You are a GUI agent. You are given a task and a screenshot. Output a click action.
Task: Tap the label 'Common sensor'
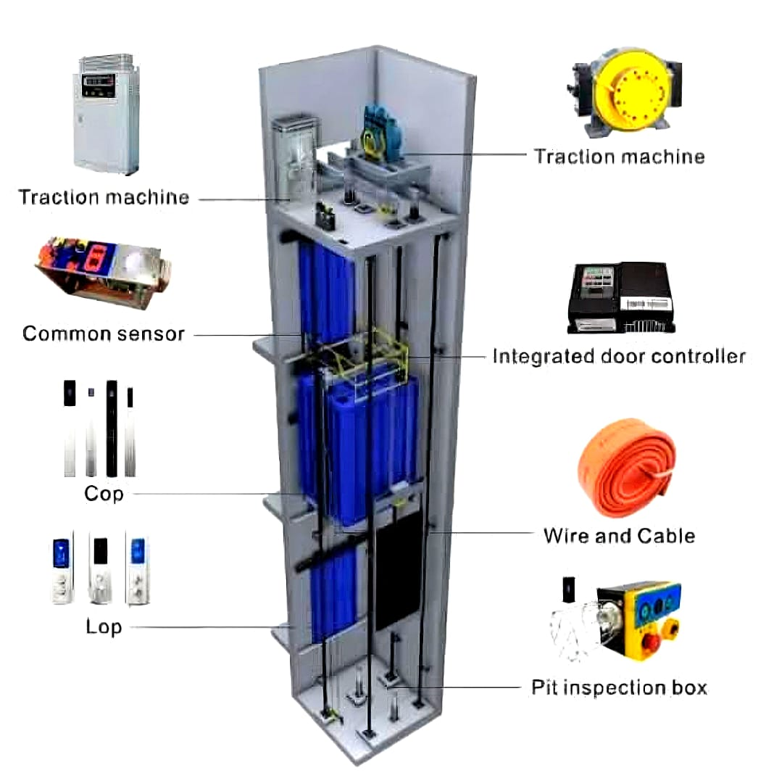click(104, 334)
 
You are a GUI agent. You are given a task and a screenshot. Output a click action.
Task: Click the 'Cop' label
click(104, 494)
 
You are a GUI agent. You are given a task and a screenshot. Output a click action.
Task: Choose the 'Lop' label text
click(104, 626)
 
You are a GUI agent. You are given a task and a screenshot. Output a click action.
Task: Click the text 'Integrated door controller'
click(618, 356)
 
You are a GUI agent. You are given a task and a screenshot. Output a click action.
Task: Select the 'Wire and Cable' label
click(619, 536)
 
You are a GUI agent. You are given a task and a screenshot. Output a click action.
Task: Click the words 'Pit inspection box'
click(619, 687)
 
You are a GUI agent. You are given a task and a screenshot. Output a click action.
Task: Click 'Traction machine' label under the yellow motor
click(619, 156)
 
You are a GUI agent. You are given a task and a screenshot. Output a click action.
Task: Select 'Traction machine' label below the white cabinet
click(104, 196)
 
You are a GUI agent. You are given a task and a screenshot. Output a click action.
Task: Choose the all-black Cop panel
click(112, 428)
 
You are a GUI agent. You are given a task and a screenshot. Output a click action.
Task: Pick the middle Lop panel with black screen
click(101, 568)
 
